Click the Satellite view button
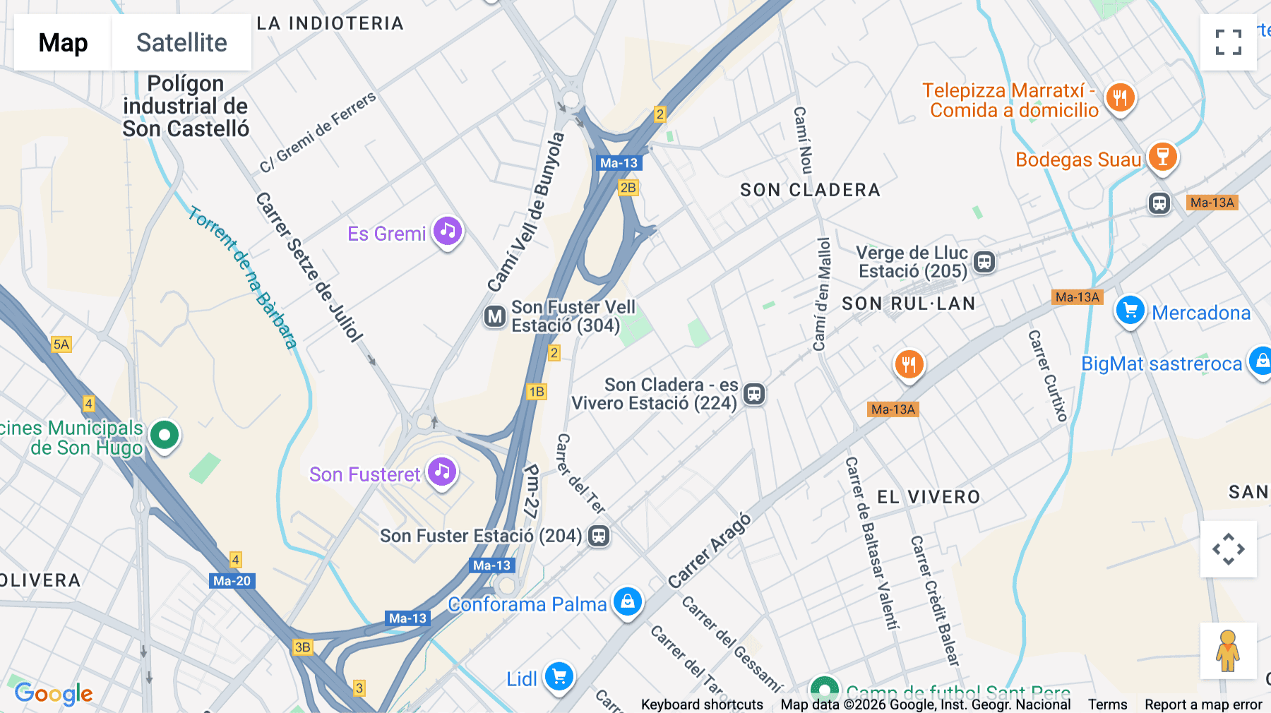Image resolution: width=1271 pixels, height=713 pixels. pos(181,42)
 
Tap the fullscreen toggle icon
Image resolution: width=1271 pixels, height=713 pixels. pos(1228,42)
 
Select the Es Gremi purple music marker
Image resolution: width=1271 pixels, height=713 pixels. pos(448,231)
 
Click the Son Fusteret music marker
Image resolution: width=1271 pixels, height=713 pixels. pos(443,472)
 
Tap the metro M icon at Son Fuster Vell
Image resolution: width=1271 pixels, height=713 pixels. pos(495,316)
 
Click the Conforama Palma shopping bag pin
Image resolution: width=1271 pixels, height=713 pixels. pos(627,602)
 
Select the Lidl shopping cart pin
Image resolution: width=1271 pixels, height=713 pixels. pos(559,677)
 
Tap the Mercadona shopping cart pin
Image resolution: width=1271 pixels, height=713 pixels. pos(1130,311)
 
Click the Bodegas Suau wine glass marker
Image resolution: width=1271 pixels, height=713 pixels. pos(1162,157)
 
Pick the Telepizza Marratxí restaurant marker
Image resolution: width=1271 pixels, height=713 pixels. pos(1120,97)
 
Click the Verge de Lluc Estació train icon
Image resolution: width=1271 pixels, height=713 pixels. pos(984,262)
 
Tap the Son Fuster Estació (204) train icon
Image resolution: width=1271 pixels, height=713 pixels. pos(599,536)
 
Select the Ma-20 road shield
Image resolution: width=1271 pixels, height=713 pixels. pos(232,581)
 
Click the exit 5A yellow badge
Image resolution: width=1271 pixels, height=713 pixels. pos(61,344)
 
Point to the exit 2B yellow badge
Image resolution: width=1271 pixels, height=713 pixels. pos(628,188)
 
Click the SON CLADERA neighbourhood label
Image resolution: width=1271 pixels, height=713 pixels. pos(810,190)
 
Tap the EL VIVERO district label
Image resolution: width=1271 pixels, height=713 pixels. pos(929,497)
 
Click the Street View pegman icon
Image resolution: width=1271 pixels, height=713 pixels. pos(1228,651)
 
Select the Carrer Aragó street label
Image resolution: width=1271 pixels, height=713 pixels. pos(710,551)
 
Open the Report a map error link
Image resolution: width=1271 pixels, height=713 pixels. pos(1203,705)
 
